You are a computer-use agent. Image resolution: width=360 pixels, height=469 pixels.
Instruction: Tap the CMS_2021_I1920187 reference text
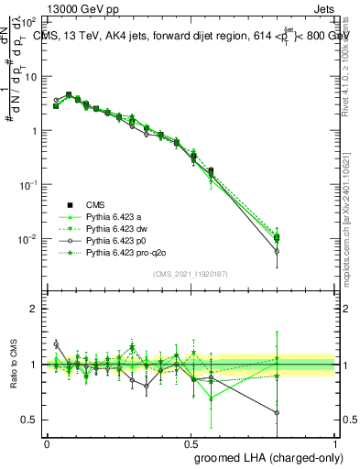(190, 274)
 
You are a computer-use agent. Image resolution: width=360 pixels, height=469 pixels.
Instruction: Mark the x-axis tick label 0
(47, 442)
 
